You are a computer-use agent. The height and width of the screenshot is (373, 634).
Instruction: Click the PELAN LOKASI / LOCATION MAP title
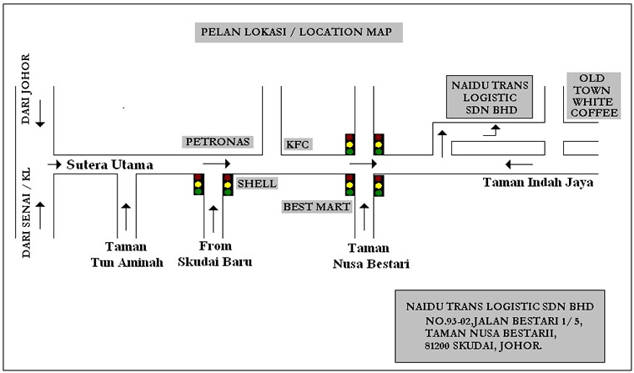point(299,33)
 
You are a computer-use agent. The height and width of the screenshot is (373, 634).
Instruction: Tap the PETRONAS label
point(218,142)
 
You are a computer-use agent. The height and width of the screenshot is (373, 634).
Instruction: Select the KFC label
point(298,144)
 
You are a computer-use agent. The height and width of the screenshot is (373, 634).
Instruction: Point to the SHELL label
point(257,184)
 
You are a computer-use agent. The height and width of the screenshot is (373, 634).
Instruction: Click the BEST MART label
point(317,207)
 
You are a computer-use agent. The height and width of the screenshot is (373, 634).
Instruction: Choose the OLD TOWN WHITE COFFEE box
point(594,96)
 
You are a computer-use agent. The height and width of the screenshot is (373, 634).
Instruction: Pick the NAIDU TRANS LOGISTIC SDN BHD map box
point(490,97)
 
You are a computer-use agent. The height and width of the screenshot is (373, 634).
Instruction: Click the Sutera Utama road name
point(109,164)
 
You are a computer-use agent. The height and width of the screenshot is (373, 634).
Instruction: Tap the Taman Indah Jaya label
point(538,183)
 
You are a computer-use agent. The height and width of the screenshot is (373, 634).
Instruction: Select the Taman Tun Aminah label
point(127,255)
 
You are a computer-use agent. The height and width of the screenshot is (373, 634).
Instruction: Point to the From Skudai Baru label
point(215,254)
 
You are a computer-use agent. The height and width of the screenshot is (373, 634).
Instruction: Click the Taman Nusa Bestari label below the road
point(370,255)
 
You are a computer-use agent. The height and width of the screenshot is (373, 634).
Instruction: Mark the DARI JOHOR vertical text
point(26,89)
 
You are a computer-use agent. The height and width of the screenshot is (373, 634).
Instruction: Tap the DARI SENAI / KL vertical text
point(26,213)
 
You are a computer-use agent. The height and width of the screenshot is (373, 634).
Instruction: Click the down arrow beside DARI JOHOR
point(40,117)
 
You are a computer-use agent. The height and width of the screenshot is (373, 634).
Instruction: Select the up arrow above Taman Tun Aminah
point(126,217)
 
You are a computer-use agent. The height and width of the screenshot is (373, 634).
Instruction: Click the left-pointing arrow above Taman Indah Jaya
point(519,164)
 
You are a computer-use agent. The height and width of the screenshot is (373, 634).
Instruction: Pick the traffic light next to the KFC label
point(350,144)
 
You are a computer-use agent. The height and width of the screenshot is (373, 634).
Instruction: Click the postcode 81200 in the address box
point(439,346)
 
